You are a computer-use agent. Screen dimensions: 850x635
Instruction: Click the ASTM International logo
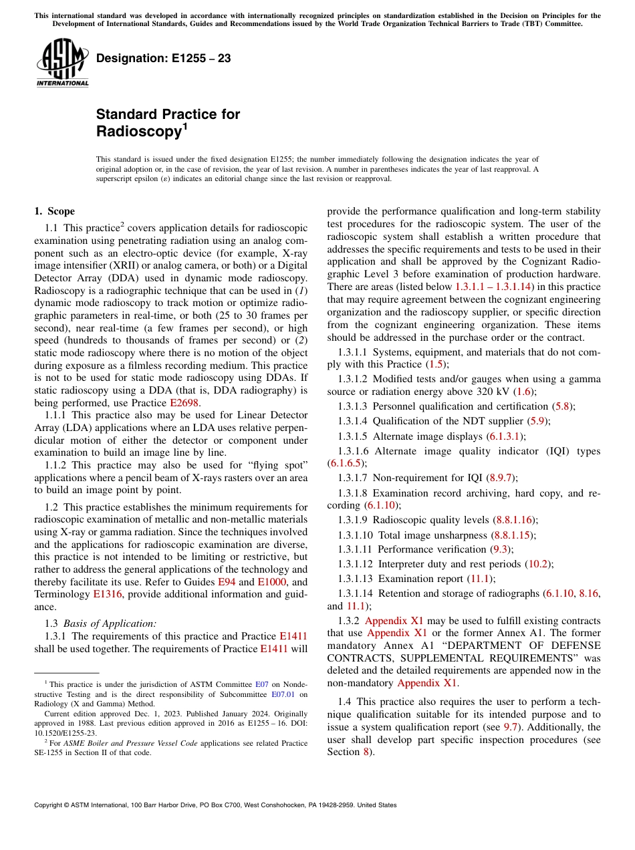(61, 63)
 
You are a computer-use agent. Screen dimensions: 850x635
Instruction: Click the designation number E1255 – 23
(163, 59)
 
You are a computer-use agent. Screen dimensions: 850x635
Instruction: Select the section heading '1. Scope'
(55, 211)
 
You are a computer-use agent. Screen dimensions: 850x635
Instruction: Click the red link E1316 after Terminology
(107, 594)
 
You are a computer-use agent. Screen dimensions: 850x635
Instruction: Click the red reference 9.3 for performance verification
(501, 549)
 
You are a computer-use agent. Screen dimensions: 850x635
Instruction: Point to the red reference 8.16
(589, 593)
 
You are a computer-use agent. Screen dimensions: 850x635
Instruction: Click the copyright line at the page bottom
(215, 805)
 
